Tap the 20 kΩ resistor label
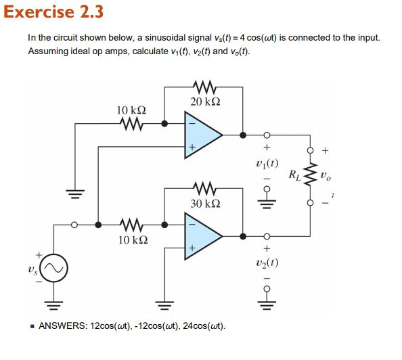204,102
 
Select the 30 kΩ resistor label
204,202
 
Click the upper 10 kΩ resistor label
131,110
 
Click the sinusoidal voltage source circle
55,270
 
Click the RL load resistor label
295,175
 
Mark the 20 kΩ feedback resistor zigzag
204,87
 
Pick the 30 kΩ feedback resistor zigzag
204,187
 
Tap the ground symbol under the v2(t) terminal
267,301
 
